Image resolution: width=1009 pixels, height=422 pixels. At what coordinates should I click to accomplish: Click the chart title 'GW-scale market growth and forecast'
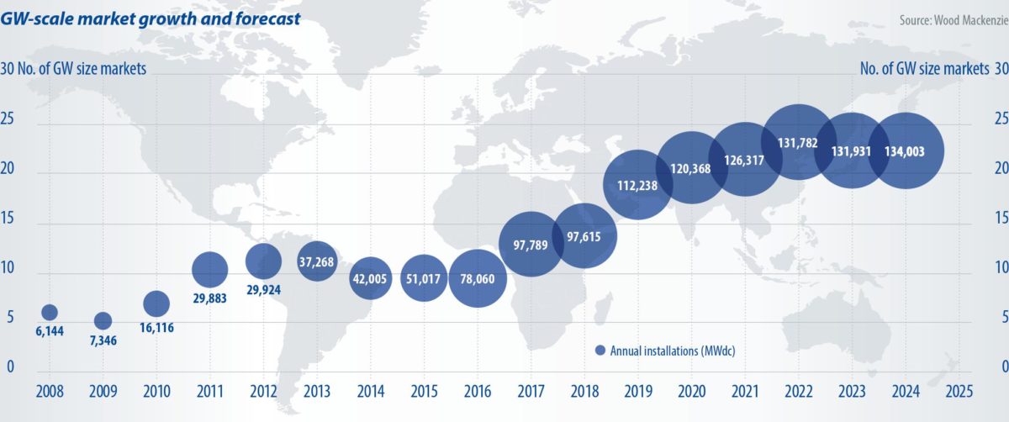click(151, 17)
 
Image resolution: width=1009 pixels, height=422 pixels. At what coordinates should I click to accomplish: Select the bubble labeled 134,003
click(906, 151)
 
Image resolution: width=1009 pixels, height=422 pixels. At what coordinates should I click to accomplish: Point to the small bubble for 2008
click(50, 313)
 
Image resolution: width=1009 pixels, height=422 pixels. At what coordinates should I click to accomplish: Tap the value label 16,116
click(156, 330)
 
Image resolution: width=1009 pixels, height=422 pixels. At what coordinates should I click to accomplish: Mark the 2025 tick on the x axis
click(959, 391)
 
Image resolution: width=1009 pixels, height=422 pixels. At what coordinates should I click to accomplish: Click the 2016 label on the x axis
click(477, 391)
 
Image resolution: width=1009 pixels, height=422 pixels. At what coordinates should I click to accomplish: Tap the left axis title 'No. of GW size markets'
click(85, 69)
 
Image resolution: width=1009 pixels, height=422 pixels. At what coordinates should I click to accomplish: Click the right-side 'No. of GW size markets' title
click(924, 69)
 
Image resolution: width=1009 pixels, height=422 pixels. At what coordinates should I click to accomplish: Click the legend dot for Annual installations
click(600, 350)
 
